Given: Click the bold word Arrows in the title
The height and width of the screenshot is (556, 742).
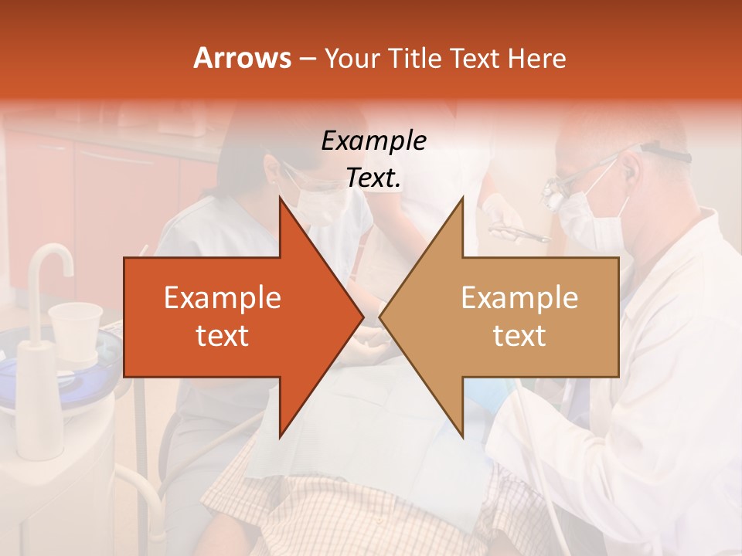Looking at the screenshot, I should point(242,58).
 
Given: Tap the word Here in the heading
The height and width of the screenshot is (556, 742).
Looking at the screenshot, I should point(536,58).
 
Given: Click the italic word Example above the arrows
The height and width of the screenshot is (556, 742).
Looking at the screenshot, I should point(373,141).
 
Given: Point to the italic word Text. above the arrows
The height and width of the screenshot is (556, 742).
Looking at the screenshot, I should point(373,178).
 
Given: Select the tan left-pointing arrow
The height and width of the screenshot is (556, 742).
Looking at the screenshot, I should point(510,317).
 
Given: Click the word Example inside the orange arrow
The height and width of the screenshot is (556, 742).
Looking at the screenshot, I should point(223,298).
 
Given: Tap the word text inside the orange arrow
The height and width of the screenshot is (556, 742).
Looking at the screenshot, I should point(223,336).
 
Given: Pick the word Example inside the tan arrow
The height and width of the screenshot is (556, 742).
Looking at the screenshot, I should point(519,298).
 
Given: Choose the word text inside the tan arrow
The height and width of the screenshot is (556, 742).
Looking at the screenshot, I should point(519,336).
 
